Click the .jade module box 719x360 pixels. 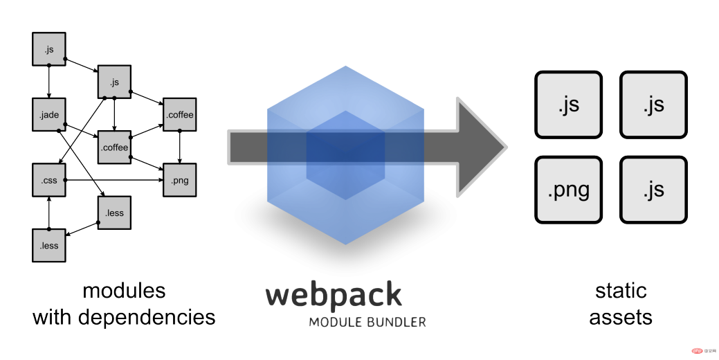point(49,115)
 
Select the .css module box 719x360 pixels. point(49,180)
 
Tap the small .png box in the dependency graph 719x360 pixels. point(180,181)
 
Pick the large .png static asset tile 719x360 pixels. point(568,190)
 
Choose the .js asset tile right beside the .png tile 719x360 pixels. point(653,190)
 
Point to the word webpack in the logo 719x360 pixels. point(334,295)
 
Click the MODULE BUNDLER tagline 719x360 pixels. point(367,322)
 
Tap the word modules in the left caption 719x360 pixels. point(124,290)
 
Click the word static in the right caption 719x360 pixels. point(620,290)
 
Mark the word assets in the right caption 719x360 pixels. point(620,317)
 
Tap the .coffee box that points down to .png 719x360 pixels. point(180,114)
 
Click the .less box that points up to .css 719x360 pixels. point(49,245)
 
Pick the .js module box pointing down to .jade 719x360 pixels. point(49,49)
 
